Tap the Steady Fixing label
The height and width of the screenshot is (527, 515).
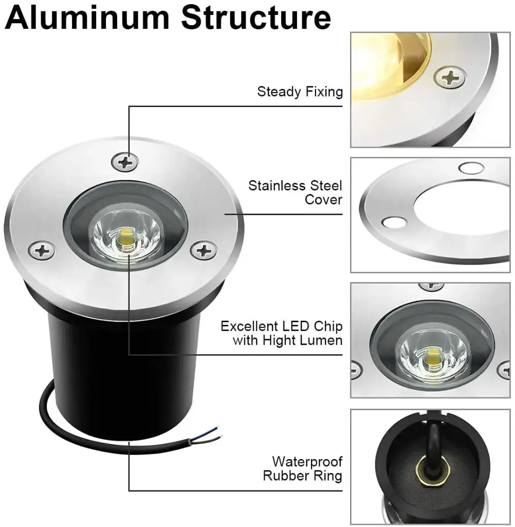[x=300, y=92]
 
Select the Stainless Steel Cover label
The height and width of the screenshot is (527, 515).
[x=295, y=192]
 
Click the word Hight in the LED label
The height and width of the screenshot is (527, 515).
[x=279, y=340]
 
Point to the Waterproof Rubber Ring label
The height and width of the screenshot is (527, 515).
[x=303, y=468]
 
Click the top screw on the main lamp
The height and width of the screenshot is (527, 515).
[x=124, y=162]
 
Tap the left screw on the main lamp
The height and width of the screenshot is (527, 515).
[x=42, y=251]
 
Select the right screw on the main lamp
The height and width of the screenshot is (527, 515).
[x=204, y=251]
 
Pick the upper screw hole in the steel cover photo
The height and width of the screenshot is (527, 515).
[x=471, y=168]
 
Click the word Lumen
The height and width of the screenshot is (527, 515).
[x=321, y=340]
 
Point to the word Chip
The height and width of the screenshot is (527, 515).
[x=328, y=326]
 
